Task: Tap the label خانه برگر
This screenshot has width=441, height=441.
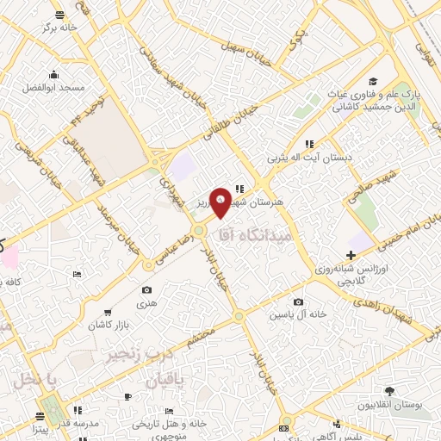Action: (x=60, y=28)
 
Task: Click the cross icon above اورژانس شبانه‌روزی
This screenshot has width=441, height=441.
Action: (x=351, y=255)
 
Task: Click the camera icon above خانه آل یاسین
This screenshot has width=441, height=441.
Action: (x=298, y=302)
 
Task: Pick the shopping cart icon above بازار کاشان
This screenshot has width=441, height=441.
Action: (x=107, y=313)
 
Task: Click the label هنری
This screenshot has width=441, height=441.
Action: (x=146, y=304)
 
